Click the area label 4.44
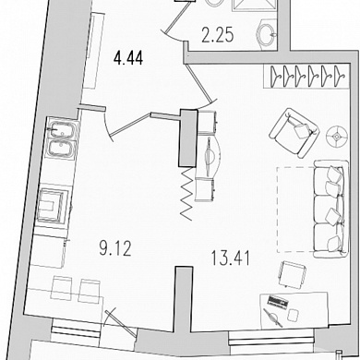pos(128,58)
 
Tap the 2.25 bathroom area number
pos(218,35)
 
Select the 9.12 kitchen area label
pos(115,248)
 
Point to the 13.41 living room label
pos(230,258)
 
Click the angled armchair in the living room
pos(294,133)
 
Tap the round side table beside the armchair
pos(337,136)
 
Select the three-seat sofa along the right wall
pos(331,209)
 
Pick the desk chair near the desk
pos(292,274)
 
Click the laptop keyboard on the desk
pos(278,301)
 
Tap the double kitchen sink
pos(62,140)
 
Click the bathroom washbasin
pos(267,31)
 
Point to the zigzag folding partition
pos(187,194)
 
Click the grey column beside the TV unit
pos(188,138)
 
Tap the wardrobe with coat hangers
pos(306,76)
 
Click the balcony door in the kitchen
pos(121,324)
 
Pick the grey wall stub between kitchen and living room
pos(184,299)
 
